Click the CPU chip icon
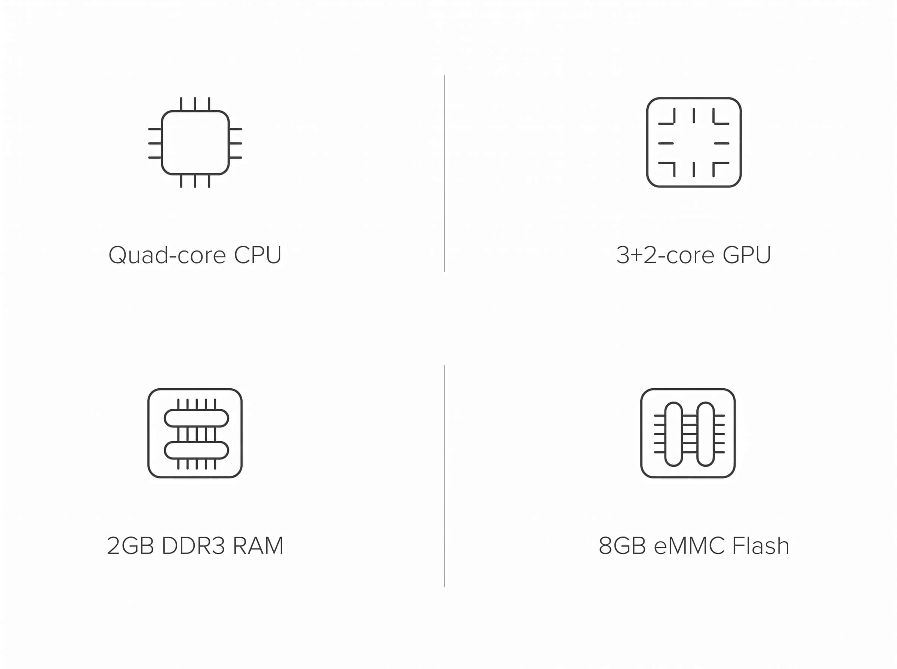click(162, 143)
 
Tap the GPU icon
click(647, 143)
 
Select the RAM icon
click(148, 433)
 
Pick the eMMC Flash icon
click(641, 433)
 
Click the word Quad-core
click(167, 255)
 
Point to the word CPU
click(258, 255)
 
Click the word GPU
click(747, 255)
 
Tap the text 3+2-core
click(665, 255)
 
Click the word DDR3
click(193, 545)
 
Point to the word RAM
click(258, 545)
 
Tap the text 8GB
click(622, 545)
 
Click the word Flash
click(761, 545)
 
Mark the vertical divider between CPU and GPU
click(444, 173)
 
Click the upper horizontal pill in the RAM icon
click(196, 411)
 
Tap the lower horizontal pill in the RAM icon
click(196, 443)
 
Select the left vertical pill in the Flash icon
click(666, 434)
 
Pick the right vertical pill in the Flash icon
click(697, 434)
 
